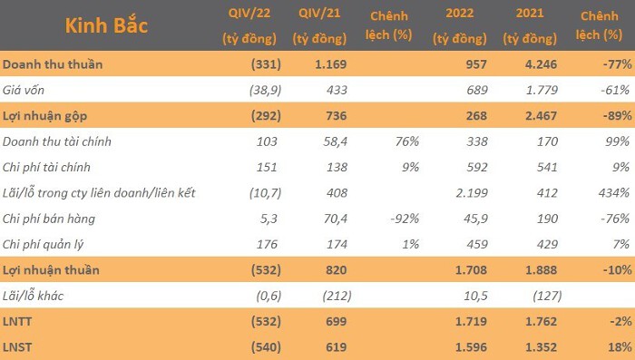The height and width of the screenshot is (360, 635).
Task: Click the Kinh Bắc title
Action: [x=106, y=25]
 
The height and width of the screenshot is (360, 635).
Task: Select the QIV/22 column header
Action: [x=249, y=25]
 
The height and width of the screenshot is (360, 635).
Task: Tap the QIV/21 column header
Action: [x=319, y=25]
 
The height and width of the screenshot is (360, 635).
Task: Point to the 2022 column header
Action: [x=459, y=25]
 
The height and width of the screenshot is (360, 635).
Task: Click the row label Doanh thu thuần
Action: [x=53, y=64]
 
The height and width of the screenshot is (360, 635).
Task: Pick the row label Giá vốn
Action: [x=23, y=90]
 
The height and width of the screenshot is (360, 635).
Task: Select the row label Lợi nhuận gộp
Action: [x=44, y=116]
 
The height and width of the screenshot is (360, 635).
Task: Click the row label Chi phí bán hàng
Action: [x=49, y=219]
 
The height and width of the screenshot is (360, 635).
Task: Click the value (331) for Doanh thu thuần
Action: [x=266, y=64]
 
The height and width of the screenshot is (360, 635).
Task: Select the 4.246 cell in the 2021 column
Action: [x=541, y=64]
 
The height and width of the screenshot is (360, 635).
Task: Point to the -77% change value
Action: [x=617, y=64]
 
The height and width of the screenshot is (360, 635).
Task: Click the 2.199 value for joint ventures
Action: [x=472, y=193]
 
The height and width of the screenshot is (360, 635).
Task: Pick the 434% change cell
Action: [x=614, y=193]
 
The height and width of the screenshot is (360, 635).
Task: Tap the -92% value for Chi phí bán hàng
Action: [x=405, y=219]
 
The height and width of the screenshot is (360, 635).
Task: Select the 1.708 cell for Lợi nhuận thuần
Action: [x=471, y=270]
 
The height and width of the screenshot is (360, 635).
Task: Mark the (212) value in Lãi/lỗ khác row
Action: [x=337, y=296]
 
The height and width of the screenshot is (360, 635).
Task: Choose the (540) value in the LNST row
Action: [x=266, y=347]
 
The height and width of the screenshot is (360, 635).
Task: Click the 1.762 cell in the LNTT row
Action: [x=541, y=322]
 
